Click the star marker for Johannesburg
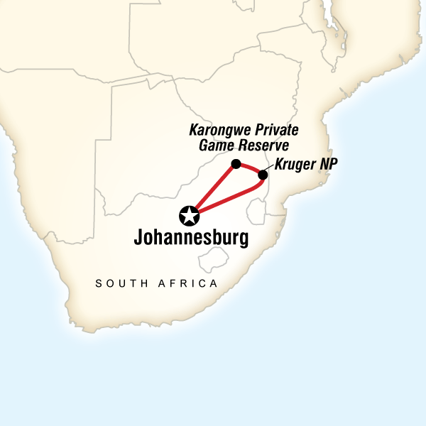pyautogui.click(x=190, y=214)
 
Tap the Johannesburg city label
pyautogui.click(x=191, y=237)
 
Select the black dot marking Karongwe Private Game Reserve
pyautogui.click(x=236, y=164)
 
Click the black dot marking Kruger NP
pyautogui.click(x=263, y=175)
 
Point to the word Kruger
pyautogui.click(x=293, y=164)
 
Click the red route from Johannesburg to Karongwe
pyautogui.click(x=214, y=187)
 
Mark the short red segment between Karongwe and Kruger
pyautogui.click(x=250, y=168)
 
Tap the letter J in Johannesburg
pyautogui.click(x=138, y=237)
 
